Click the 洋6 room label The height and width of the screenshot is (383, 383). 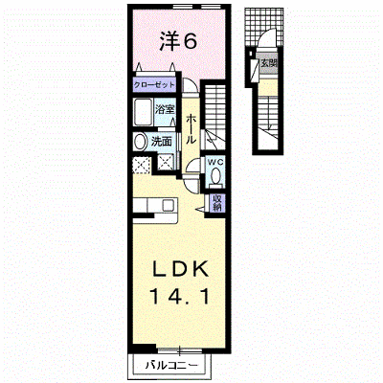click(x=177, y=41)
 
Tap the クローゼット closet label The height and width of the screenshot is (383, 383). click(x=154, y=85)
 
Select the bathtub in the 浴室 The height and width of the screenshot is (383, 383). click(x=143, y=112)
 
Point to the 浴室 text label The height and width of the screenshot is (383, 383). click(x=165, y=110)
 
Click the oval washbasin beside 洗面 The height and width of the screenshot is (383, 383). click(x=140, y=142)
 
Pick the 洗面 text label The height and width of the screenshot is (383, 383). click(x=162, y=142)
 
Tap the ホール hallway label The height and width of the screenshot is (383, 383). click(x=191, y=129)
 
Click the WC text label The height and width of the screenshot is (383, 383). click(x=215, y=162)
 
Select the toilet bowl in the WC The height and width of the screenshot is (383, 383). click(x=215, y=176)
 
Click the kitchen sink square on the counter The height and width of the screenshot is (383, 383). click(x=169, y=205)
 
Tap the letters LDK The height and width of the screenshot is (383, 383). click(x=181, y=270)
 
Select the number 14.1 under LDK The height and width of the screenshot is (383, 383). click(x=180, y=296)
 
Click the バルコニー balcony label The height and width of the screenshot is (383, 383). click(x=171, y=365)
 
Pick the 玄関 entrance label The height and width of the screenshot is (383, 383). click(x=268, y=62)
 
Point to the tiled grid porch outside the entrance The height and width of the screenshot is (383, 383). click(x=264, y=27)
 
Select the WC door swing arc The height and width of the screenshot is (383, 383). click(x=192, y=165)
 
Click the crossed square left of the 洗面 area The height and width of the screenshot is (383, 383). click(x=141, y=165)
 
